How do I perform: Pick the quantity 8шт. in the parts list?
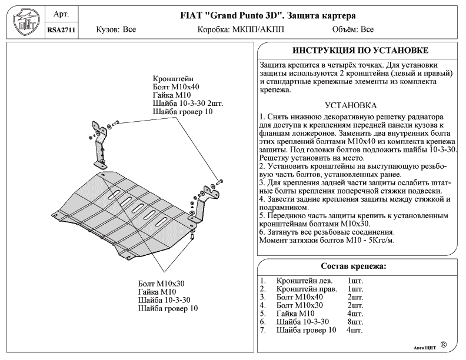[x=355, y=322]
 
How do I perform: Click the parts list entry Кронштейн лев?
[x=302, y=281]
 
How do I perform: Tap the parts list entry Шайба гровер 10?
[x=306, y=330]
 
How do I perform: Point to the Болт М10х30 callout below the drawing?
[x=161, y=284]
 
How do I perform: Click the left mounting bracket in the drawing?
[x=98, y=141]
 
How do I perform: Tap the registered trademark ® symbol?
[x=443, y=345]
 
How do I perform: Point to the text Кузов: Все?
[x=116, y=29]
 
